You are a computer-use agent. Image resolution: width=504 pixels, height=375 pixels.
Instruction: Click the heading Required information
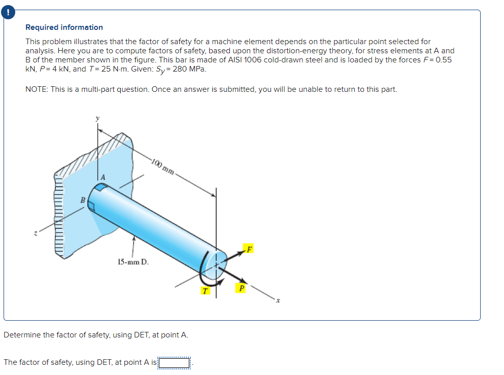[x=64, y=27]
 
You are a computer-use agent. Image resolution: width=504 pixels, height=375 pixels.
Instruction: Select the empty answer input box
[x=174, y=362]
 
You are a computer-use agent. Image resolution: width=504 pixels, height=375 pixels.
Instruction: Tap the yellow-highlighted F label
[x=249, y=248]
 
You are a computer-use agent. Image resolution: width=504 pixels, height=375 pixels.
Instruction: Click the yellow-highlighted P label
[x=242, y=288]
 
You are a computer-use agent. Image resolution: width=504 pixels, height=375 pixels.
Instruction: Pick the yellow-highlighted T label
[x=204, y=291]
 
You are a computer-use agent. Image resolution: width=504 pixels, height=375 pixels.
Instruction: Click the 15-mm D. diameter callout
[x=133, y=262]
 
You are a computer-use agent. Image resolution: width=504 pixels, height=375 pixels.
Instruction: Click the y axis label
[x=98, y=118]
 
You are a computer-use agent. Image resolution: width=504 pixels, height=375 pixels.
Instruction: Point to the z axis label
[x=35, y=233]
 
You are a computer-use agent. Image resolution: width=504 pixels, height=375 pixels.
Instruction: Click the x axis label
[x=278, y=301]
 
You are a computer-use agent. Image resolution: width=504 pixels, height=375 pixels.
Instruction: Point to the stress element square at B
[x=91, y=205]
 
